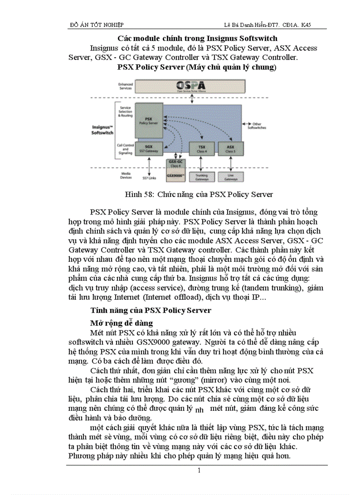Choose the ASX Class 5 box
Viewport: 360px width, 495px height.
pos(230,149)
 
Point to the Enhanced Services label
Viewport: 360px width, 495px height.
pos(125,86)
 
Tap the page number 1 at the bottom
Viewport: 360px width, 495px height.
pos(199,471)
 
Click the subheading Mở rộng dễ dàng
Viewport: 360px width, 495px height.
pos(121,323)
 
